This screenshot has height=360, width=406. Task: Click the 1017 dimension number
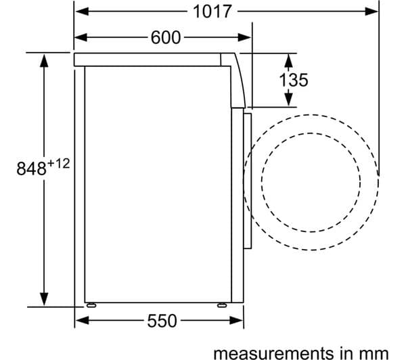212,12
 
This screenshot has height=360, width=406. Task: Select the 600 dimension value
166,37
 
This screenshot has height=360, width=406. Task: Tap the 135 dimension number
294,80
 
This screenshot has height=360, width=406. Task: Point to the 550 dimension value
162,321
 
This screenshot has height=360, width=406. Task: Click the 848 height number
31,168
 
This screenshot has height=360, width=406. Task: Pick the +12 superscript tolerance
58,164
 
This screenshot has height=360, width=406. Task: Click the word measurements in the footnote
273,353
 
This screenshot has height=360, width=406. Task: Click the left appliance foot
91,305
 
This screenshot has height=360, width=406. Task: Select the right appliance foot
222,305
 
